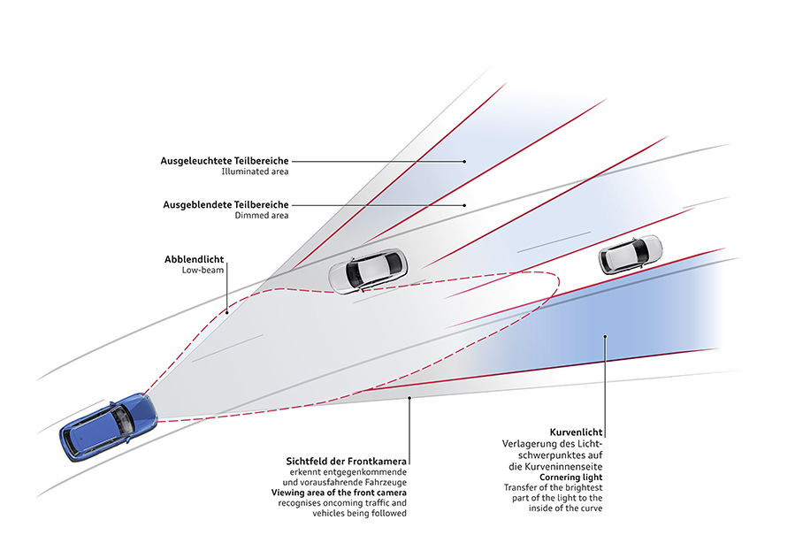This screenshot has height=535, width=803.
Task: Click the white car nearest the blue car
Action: (368, 269)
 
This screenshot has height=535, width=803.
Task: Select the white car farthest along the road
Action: (630, 254)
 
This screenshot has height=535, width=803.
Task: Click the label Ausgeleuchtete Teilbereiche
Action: (225, 161)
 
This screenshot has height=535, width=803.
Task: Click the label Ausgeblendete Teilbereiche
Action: (226, 204)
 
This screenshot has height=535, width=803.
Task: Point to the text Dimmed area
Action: (262, 216)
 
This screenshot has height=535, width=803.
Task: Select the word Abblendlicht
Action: (195, 259)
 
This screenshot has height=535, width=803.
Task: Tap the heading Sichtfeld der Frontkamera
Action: (346, 461)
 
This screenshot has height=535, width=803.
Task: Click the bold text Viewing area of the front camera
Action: (340, 492)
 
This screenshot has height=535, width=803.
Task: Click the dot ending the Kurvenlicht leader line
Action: (605, 335)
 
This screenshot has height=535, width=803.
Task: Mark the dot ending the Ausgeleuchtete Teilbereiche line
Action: (465, 161)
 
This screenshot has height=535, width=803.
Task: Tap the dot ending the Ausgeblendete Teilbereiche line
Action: (465, 204)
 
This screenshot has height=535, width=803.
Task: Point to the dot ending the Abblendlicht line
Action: (226, 310)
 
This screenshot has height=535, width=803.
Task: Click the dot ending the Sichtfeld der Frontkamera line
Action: (409, 399)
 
